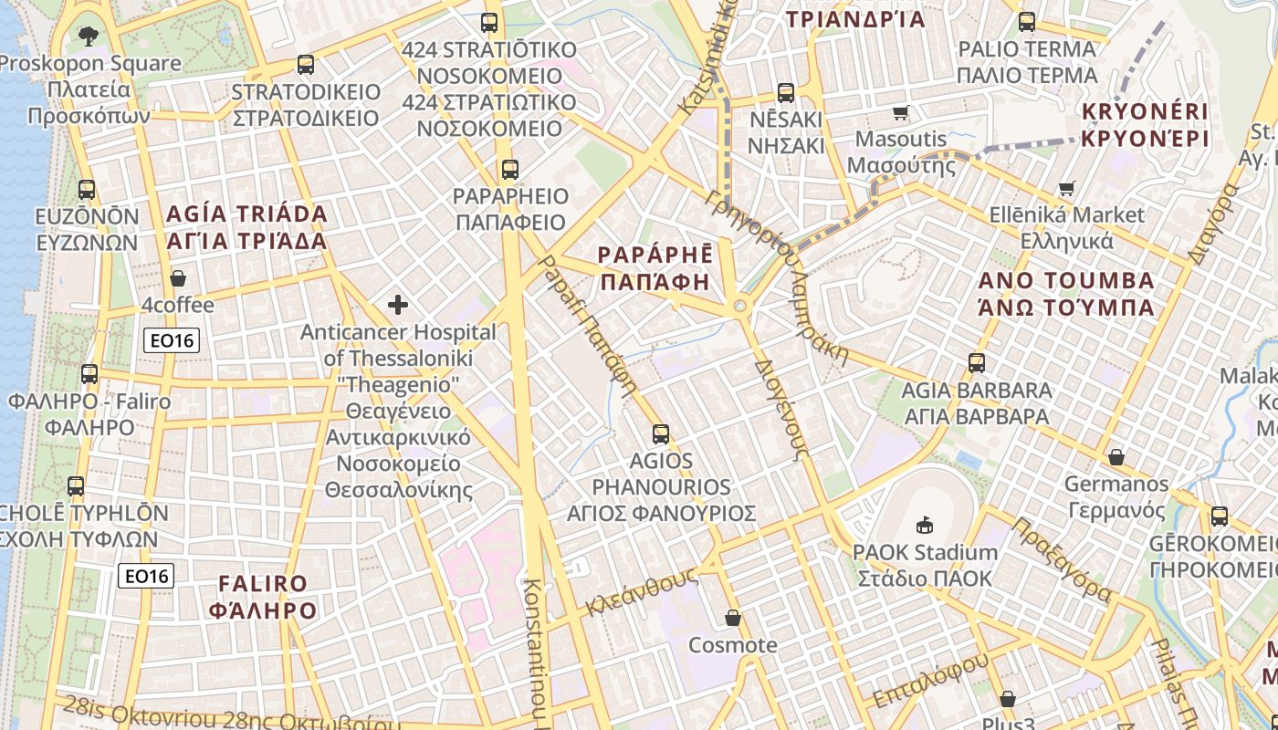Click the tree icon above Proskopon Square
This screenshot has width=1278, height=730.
89,36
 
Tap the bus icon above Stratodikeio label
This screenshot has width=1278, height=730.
306,65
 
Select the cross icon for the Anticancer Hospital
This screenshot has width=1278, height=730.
398,304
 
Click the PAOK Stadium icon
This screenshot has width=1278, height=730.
925,525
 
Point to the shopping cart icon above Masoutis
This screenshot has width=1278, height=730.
901,113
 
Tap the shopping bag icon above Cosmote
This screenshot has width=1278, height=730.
732,619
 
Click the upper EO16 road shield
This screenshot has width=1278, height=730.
172,340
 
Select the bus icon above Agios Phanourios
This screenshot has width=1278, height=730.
661,434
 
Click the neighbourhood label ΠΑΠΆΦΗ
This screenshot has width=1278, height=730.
655,282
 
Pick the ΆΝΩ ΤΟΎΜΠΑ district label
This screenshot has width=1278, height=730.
1066,308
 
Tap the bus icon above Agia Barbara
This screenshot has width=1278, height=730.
977,363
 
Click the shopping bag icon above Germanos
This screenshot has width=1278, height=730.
1116,457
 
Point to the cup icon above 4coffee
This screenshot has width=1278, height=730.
178,278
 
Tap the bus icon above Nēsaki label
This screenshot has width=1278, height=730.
786,92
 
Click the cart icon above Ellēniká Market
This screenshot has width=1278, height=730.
1066,189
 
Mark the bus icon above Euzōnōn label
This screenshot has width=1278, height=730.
87,190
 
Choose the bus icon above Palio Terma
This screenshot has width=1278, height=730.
1027,22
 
